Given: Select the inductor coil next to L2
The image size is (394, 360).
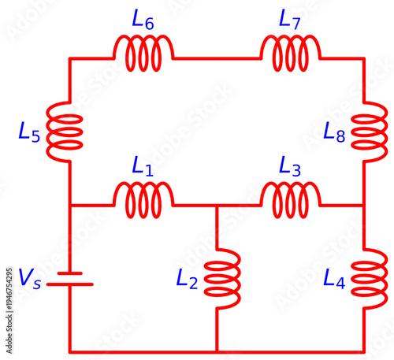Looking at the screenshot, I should pyautogui.click(x=222, y=278).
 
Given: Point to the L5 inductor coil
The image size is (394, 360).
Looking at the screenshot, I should pyautogui.click(x=65, y=132).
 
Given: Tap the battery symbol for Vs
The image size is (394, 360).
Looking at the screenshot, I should pyautogui.click(x=70, y=279).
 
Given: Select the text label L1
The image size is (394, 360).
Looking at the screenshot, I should pyautogui.click(x=143, y=167).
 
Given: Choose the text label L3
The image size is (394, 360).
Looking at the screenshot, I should pyautogui.click(x=290, y=167).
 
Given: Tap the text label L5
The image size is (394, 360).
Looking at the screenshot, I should pyautogui.click(x=28, y=132).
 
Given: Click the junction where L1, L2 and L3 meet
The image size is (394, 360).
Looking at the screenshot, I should pyautogui.click(x=217, y=206).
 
